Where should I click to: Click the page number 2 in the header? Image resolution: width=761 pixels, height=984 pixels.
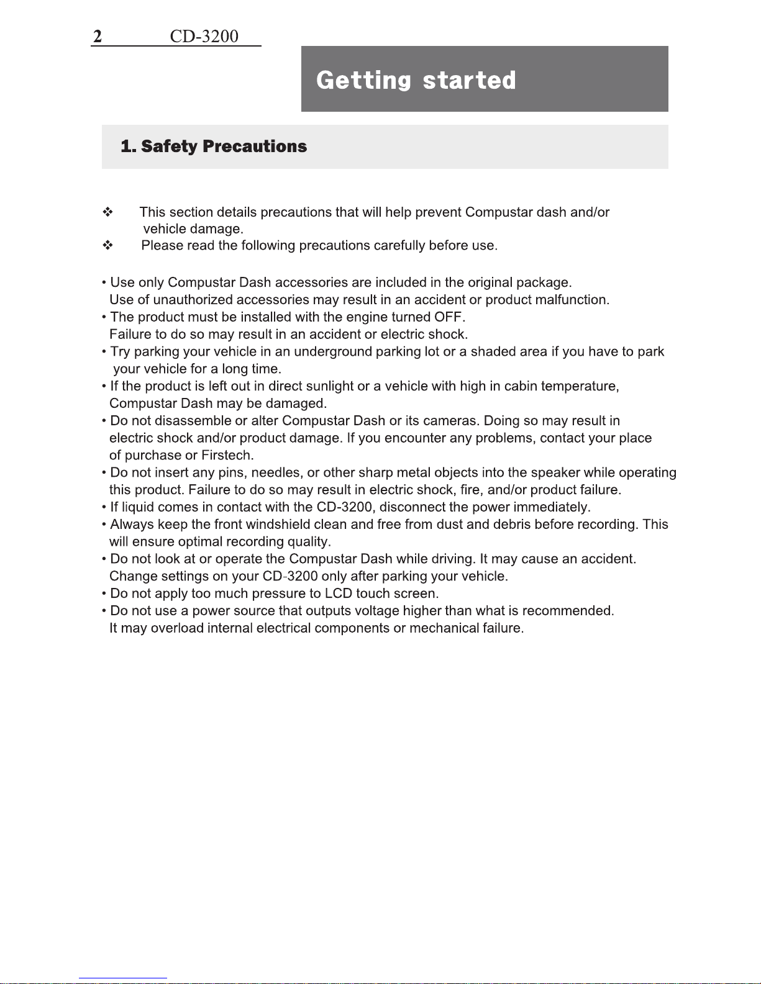click(98, 37)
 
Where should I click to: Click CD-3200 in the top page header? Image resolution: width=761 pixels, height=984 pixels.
click(204, 37)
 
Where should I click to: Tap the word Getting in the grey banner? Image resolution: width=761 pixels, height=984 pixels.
click(363, 80)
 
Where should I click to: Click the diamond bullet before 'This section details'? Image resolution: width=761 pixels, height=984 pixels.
click(108, 212)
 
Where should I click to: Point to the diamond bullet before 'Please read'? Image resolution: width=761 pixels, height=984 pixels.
click(108, 246)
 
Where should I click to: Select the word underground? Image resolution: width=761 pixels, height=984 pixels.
click(334, 352)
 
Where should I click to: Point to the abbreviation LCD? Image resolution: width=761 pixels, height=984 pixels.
click(339, 594)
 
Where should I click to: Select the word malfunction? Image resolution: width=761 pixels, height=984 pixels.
click(571, 300)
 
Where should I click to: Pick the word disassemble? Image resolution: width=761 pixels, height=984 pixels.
click(193, 421)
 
